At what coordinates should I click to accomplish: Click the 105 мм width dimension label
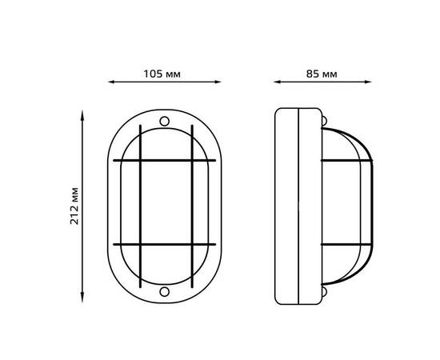(x=162, y=74)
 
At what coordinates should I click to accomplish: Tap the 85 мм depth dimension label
(x=322, y=74)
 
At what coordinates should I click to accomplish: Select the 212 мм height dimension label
(x=74, y=206)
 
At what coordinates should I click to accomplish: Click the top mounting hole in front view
(x=165, y=122)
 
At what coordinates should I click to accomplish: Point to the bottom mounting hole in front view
(x=165, y=291)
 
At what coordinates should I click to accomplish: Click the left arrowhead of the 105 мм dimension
(x=111, y=82)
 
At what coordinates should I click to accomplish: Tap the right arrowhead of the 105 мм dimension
(x=218, y=82)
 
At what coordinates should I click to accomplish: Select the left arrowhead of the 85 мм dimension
(x=277, y=82)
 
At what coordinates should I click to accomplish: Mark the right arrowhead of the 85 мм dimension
(x=368, y=82)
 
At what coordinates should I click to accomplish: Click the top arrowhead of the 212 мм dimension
(x=82, y=114)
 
